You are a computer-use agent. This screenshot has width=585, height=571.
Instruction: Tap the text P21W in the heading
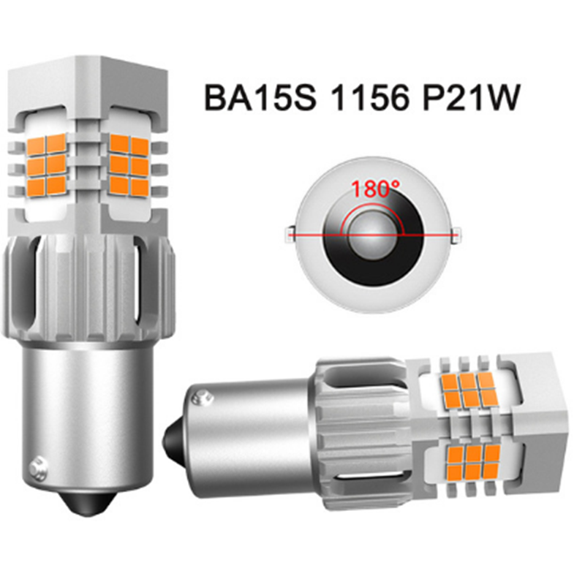click(470, 98)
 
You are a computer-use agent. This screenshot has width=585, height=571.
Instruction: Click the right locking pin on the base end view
click(456, 235)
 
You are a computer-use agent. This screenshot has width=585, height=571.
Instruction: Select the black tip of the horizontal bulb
click(174, 437)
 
